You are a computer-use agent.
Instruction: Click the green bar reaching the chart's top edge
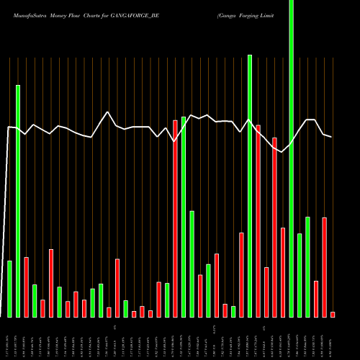(292, 144)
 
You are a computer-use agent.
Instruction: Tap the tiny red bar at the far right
(333, 314)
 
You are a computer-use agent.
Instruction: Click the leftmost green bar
(9, 289)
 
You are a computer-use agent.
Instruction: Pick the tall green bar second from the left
(18, 201)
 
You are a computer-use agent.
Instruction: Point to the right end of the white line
(332, 136)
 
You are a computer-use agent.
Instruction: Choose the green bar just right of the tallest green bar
(300, 275)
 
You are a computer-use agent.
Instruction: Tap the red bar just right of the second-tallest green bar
(258, 221)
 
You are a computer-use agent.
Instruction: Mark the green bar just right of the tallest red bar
(184, 217)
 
